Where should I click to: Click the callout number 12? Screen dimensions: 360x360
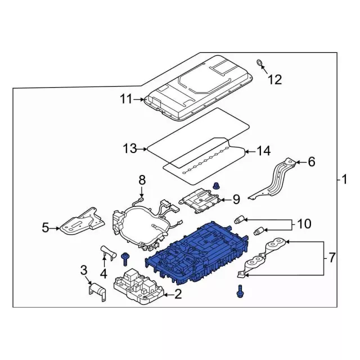click(x=274, y=79)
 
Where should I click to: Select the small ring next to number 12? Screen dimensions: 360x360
click(x=260, y=62)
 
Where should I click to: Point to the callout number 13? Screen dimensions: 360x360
click(x=129, y=148)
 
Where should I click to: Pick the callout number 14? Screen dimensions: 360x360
click(x=264, y=151)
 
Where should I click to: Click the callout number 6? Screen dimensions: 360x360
click(x=311, y=162)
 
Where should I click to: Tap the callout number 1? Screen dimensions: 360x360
click(x=343, y=180)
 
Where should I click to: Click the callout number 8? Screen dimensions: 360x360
click(x=142, y=180)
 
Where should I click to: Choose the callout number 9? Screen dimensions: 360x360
click(x=236, y=199)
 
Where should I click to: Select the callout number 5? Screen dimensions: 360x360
click(x=46, y=228)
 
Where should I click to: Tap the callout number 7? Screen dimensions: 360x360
click(x=332, y=258)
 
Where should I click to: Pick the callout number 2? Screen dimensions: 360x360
click(x=178, y=293)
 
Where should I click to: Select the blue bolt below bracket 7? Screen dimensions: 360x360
click(x=241, y=291)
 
